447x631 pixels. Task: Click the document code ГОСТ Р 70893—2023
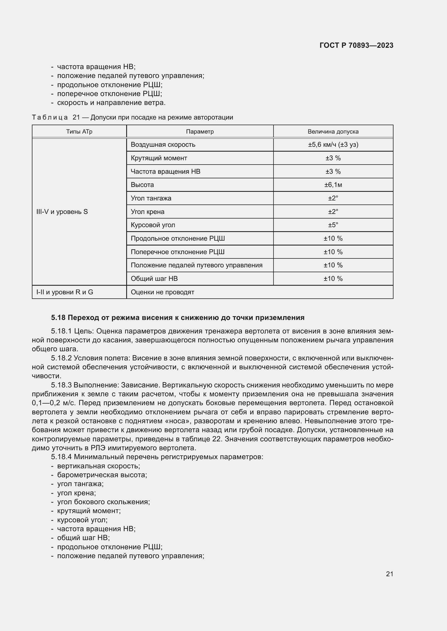click(356, 45)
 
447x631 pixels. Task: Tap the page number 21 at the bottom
click(389, 574)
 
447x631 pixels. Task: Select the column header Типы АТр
click(79, 132)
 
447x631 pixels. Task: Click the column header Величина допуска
click(333, 132)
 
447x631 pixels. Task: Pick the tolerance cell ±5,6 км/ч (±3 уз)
click(333, 145)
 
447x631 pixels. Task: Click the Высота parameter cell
click(142, 185)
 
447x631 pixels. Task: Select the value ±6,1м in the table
click(333, 185)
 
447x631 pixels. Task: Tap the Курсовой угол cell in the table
click(153, 225)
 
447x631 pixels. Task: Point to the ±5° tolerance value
click(333, 225)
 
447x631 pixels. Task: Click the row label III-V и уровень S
click(62, 212)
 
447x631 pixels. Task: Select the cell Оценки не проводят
click(162, 292)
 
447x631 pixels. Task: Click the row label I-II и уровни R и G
click(65, 292)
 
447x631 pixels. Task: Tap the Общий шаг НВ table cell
click(154, 279)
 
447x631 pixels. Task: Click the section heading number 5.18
click(58, 318)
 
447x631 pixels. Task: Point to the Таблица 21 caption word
click(50, 117)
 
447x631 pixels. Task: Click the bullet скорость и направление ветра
click(111, 103)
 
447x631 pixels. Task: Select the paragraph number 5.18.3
click(61, 385)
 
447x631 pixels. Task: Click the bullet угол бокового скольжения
click(103, 502)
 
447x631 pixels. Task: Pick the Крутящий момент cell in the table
click(159, 158)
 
